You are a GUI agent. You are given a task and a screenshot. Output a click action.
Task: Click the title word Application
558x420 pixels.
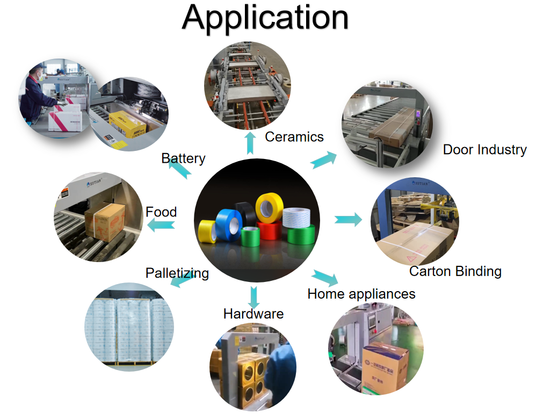(265, 17)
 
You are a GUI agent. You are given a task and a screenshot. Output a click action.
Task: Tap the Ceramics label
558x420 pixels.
(294, 136)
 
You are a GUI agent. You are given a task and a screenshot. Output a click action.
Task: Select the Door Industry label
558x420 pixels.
(484, 149)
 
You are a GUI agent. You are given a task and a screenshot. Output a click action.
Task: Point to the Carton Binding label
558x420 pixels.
(455, 271)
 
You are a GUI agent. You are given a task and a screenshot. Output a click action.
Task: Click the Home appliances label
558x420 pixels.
(361, 294)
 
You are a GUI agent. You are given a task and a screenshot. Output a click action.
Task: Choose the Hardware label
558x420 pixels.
(253, 314)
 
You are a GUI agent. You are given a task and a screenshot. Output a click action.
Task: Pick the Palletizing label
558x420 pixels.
(177, 273)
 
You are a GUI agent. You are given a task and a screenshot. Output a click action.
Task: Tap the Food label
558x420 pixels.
(161, 212)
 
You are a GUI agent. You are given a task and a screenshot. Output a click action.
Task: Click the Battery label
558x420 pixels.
(183, 158)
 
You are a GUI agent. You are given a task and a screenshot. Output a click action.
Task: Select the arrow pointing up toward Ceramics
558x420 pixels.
(250, 143)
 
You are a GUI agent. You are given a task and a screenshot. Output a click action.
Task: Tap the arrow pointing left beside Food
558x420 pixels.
(161, 226)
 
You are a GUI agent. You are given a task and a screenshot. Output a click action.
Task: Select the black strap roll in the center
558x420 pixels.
(247, 212)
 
